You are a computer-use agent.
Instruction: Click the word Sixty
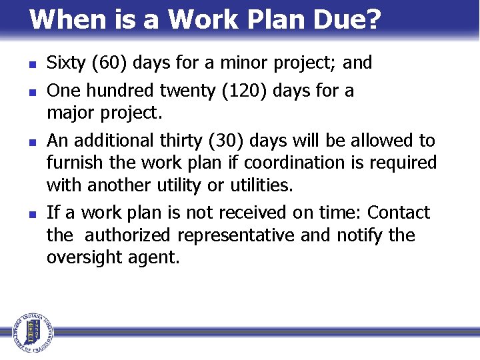[x=67, y=63]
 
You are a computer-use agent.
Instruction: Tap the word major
[x=69, y=113]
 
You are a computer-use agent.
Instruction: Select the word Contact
[x=399, y=213]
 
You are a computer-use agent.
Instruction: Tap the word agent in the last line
[x=160, y=258]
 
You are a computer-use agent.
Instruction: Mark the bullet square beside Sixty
[x=22, y=65]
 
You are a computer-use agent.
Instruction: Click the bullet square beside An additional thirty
[x=22, y=142]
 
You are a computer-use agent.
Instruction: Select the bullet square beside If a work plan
[x=22, y=215]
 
